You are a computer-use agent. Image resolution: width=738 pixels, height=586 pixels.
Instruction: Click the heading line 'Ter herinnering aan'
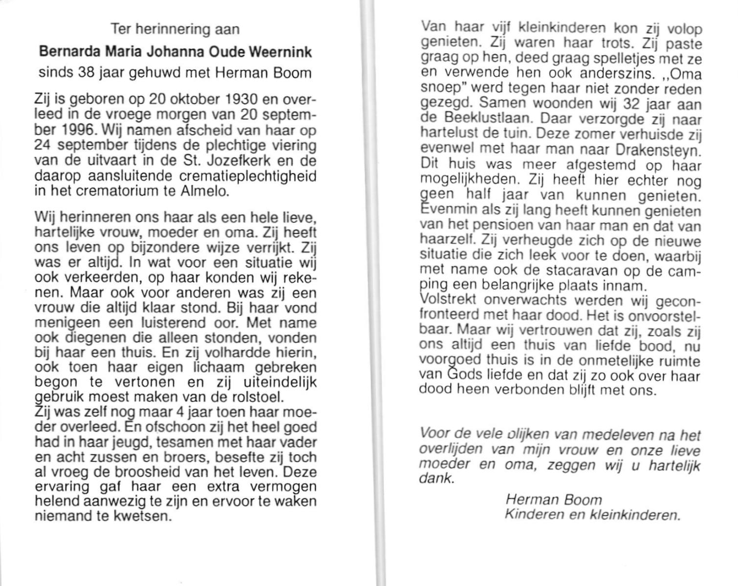(x=175, y=29)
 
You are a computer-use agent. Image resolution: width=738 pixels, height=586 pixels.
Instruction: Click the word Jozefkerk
(x=245, y=161)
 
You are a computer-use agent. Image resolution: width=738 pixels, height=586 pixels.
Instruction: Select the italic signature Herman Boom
(x=553, y=500)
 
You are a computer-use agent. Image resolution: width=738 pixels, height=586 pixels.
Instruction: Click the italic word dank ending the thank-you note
(x=436, y=479)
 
